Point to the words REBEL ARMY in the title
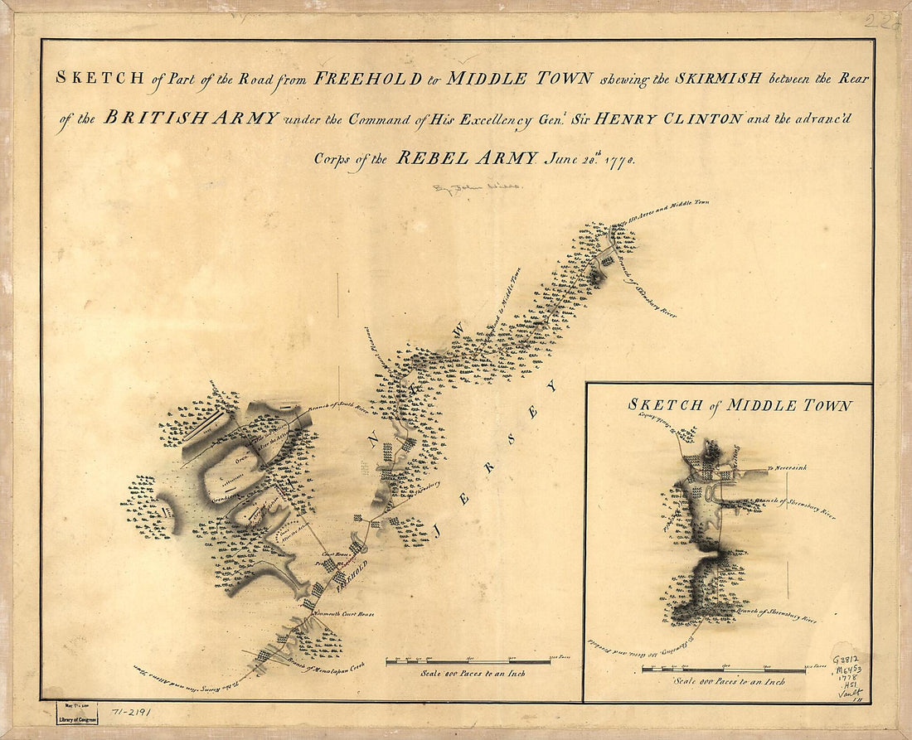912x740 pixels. point(457,157)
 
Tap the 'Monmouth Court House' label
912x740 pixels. point(344,614)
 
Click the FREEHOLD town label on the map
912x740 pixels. point(352,574)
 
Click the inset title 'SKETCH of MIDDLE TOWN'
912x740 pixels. point(739,405)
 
